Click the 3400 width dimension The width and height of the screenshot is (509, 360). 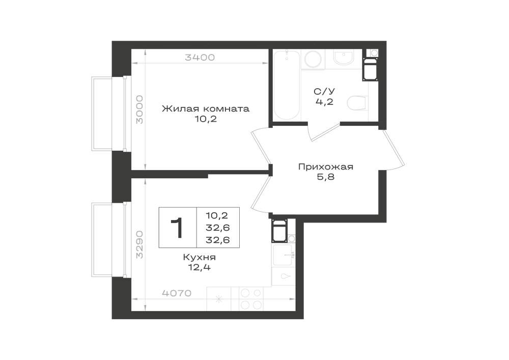200,58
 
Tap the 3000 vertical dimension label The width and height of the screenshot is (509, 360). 139,109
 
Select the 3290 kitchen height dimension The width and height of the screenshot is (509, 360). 139,244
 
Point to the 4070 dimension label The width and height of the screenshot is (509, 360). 177,293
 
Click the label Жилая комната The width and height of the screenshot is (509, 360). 206,108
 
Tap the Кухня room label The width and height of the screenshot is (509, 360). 200,258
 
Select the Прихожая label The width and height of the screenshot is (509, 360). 326,167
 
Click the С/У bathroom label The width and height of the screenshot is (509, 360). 324,91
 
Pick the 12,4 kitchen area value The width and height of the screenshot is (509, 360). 200,268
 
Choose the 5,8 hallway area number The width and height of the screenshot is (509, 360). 326,177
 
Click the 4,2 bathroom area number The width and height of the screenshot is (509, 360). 324,102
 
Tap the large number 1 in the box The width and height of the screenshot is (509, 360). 178,228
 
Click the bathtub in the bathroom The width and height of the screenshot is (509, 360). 287,86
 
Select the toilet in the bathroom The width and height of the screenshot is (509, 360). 357,103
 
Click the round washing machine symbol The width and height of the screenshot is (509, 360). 313,60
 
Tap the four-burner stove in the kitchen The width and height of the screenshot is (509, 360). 251,299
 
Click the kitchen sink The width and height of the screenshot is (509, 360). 284,255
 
